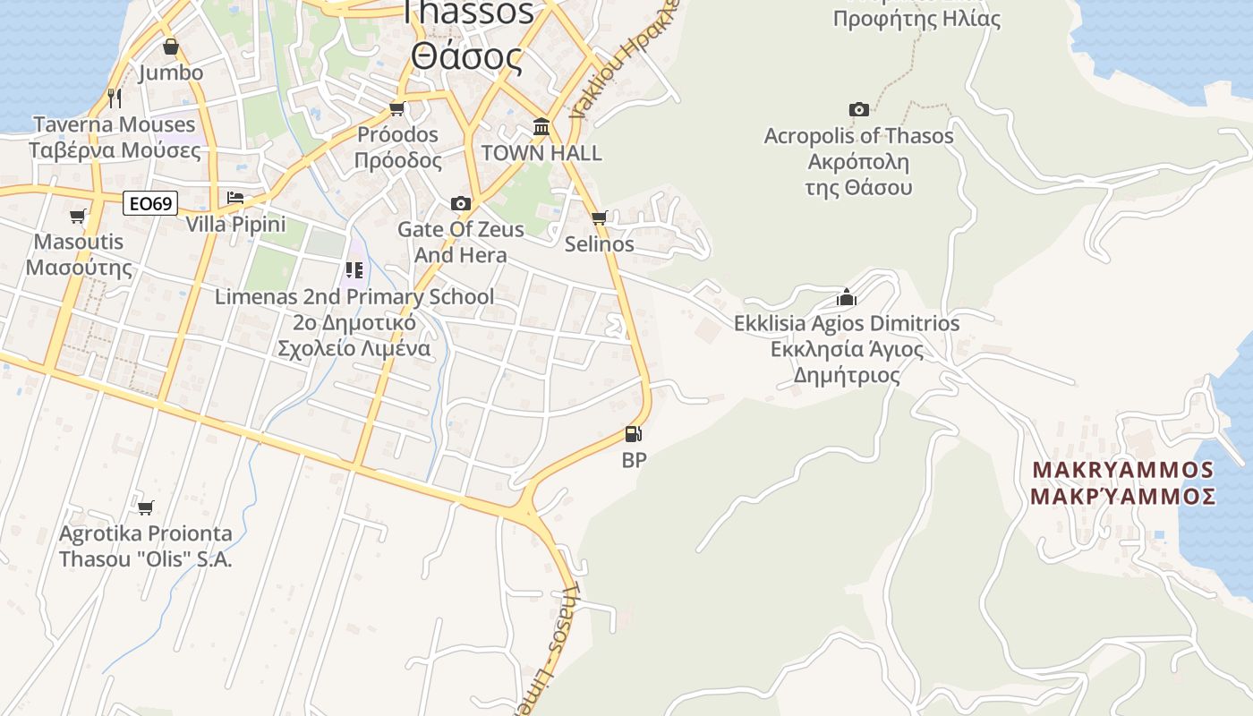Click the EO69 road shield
149,204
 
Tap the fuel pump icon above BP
634,435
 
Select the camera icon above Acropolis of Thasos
859,109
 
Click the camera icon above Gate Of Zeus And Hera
461,204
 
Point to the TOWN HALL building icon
541,127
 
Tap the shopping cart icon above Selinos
600,217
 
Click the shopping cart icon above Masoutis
78,216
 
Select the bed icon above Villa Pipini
235,197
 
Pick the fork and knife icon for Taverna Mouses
115,97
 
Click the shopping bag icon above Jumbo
171,47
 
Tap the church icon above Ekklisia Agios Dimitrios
847,297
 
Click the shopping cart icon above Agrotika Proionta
145,507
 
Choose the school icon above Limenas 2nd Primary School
354,269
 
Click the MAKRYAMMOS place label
1123,470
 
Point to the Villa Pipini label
235,224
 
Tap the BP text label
634,460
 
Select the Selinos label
600,243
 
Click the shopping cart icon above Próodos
396,109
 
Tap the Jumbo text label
171,72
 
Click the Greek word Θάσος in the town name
466,55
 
